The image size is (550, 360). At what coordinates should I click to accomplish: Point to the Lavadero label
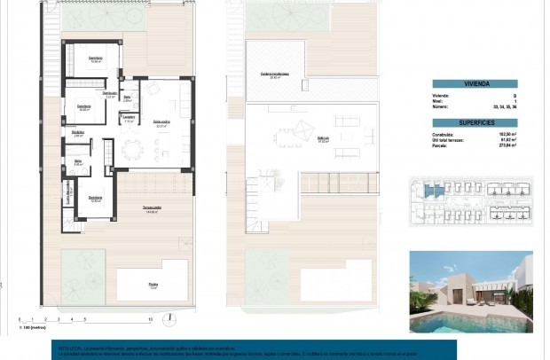coord(129,118)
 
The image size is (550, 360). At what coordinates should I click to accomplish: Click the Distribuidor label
coord(110,94)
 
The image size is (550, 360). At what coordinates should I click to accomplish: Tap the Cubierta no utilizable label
coord(276,74)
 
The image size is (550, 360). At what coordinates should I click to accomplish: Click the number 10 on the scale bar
coord(151,318)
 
